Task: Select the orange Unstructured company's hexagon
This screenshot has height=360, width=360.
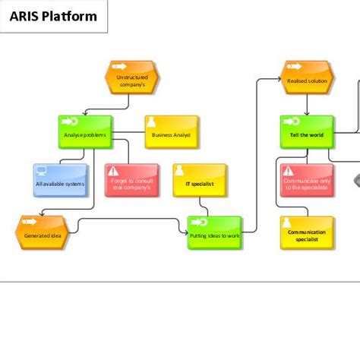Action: point(131,77)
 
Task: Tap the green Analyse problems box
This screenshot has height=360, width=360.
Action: point(85,132)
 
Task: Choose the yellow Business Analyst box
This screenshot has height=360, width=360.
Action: point(172,132)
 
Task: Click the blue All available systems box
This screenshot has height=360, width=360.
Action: point(61,181)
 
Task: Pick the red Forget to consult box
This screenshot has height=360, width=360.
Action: point(131,181)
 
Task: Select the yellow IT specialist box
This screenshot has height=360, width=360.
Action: point(199,181)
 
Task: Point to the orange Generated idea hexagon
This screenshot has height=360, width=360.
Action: point(42,232)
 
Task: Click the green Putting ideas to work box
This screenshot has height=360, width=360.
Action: point(215,233)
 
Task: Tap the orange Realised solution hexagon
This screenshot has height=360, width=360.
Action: point(307,77)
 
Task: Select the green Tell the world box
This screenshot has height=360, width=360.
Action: point(307,132)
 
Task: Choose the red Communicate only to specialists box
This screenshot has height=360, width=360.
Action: point(307,181)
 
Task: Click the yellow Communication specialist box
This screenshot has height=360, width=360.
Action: point(307,233)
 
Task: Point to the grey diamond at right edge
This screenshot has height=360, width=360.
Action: point(356,181)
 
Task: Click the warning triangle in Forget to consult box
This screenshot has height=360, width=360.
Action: point(113,171)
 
